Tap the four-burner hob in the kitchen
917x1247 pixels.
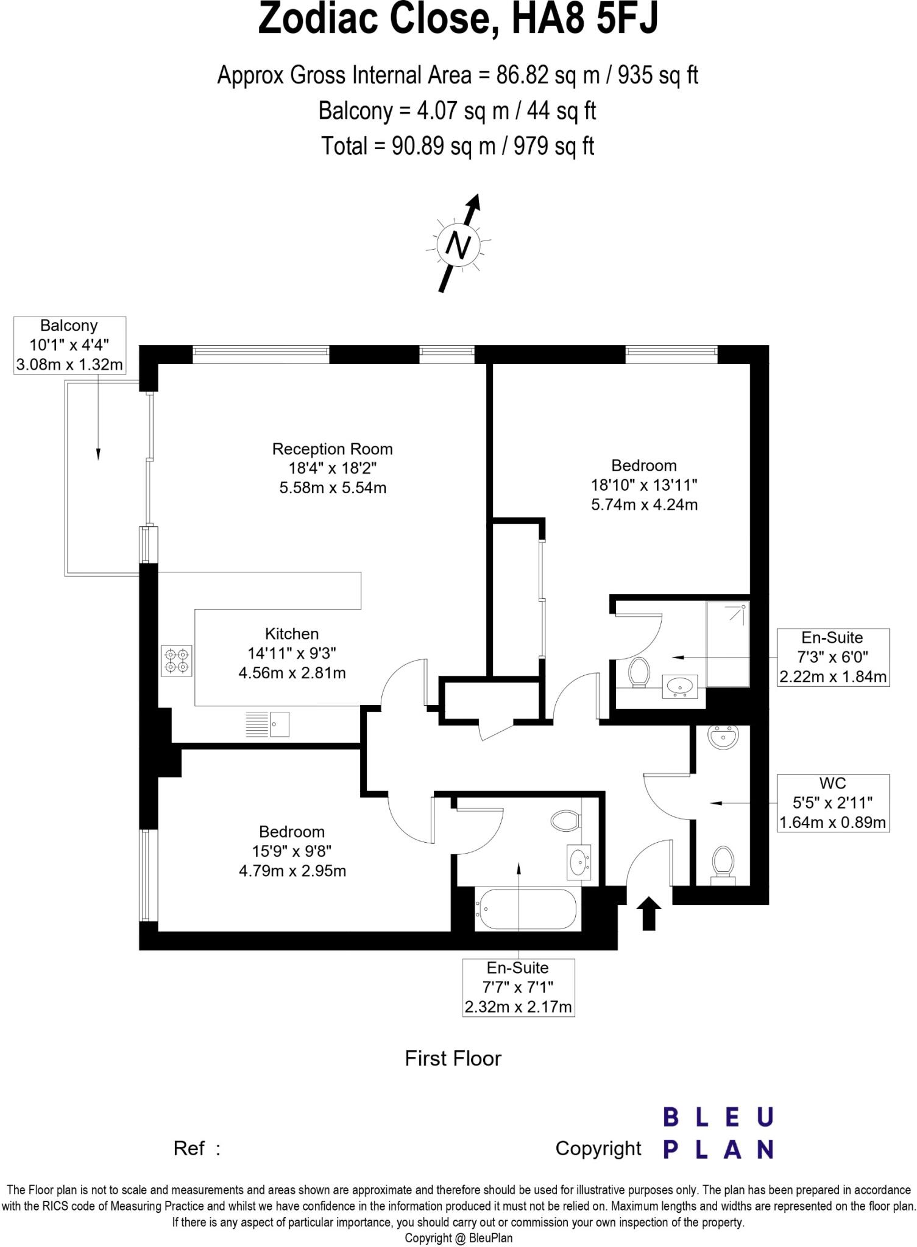pos(177,661)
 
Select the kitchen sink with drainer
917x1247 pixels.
pos(267,724)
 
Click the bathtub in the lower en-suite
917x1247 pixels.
pos(525,909)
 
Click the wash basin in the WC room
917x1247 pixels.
pos(723,737)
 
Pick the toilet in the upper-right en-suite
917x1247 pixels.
pos(639,672)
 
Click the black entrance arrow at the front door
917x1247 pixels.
pos(648,913)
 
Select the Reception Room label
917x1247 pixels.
pos(332,449)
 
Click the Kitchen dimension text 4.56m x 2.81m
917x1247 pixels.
pos(292,673)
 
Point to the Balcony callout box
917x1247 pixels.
pos(69,345)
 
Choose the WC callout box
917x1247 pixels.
pos(832,803)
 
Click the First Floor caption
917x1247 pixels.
pos(453,1058)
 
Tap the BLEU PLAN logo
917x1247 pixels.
pos(718,1133)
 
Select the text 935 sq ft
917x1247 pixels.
pos(658,76)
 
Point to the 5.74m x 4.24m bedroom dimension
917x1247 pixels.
pos(644,505)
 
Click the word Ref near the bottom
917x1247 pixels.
pos(189,1148)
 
